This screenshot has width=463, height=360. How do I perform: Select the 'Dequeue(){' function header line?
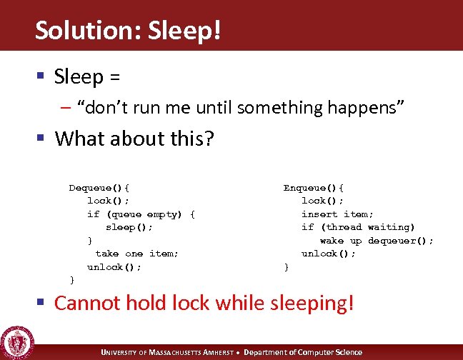(99, 188)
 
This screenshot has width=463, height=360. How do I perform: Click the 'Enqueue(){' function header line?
(314, 188)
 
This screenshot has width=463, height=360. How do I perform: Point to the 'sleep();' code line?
(129, 227)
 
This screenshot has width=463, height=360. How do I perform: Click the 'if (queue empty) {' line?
(141, 214)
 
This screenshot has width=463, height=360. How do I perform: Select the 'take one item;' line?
(136, 254)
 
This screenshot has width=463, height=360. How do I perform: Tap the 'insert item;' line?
(337, 214)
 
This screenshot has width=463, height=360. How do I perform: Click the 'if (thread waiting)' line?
(358, 227)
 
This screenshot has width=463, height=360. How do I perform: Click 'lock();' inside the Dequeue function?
(108, 201)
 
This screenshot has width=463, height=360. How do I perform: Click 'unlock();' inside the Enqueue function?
(328, 254)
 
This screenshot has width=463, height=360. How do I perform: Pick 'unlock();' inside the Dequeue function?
(114, 267)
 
